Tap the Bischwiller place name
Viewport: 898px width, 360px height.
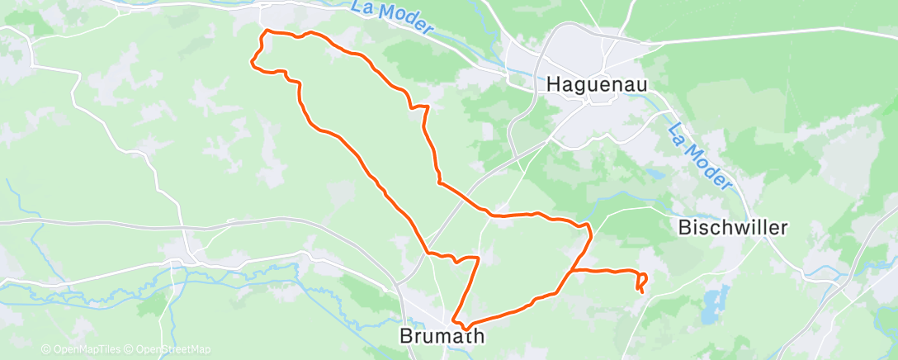point(734,227)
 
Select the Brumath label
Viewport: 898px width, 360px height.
point(441,336)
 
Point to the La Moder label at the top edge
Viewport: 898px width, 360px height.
point(392,17)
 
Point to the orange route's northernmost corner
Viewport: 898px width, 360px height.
point(265,31)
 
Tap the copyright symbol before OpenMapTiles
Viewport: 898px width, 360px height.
point(46,349)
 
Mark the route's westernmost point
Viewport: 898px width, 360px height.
point(252,59)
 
